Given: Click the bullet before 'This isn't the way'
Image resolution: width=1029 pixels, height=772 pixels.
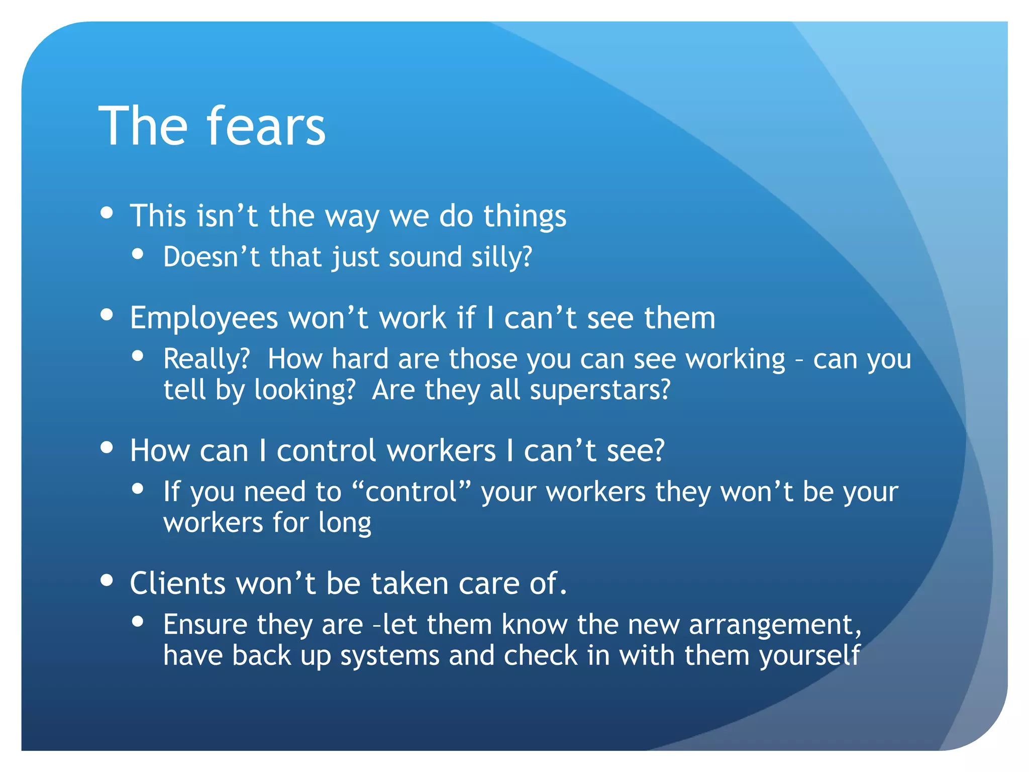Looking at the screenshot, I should click(107, 213).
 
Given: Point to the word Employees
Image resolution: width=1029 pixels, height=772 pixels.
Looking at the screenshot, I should click(204, 319).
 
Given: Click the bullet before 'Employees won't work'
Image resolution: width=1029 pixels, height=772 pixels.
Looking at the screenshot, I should click(107, 315).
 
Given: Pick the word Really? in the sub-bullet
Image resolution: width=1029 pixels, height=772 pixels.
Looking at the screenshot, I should click(207, 359).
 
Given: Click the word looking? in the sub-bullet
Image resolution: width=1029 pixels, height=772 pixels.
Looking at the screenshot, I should click(305, 391).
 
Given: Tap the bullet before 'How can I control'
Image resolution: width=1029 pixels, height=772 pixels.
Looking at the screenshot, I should click(107, 447).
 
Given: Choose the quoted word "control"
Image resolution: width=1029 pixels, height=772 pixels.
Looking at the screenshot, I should click(411, 492).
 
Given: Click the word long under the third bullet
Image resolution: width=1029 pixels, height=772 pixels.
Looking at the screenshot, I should click(345, 523).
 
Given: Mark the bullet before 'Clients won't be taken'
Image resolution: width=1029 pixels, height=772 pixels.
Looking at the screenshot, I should click(107, 580).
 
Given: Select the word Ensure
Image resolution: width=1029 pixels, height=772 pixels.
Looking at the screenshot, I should click(205, 625).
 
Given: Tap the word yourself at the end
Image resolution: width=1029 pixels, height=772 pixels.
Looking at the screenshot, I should click(810, 656).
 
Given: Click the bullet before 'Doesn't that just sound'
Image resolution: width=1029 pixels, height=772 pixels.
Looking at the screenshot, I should click(138, 254).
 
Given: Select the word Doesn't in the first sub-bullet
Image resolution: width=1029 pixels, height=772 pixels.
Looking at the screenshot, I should click(212, 257).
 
